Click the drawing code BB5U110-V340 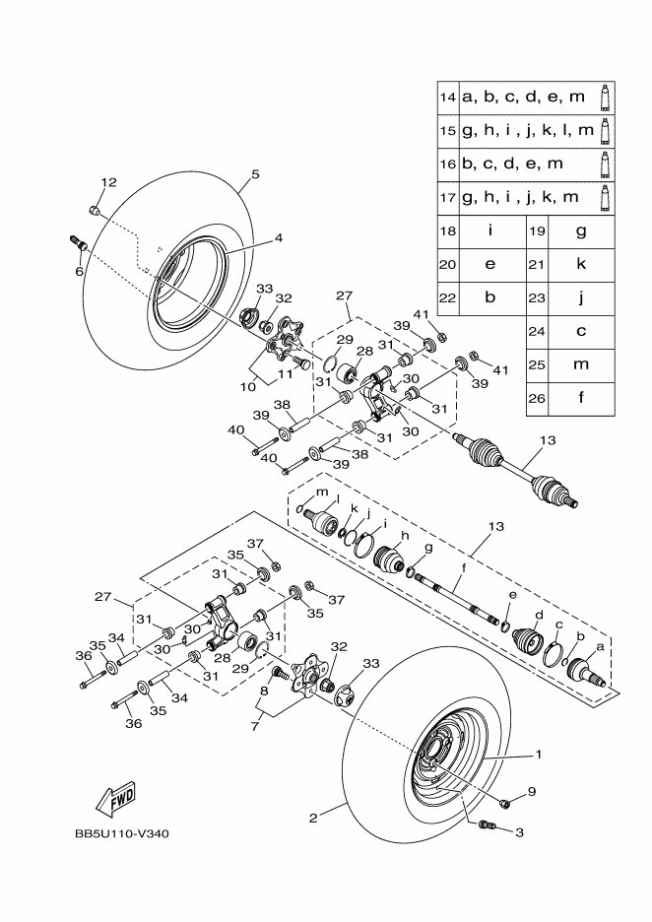click(x=122, y=834)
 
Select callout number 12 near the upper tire click(x=108, y=182)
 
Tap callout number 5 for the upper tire click(x=255, y=174)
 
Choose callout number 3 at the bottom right click(x=519, y=832)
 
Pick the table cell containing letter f click(x=581, y=399)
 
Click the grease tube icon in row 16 click(x=606, y=164)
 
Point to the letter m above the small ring click(x=321, y=492)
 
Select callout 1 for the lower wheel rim click(x=538, y=756)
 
